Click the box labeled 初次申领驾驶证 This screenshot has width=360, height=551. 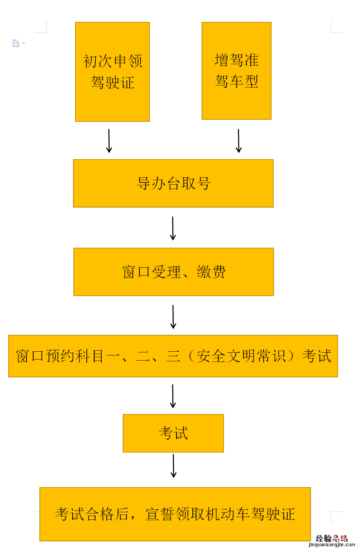coord(112,72)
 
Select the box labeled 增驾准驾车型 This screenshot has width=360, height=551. coord(237,71)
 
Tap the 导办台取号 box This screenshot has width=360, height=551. coord(173,183)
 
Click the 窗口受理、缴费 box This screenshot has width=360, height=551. coord(173,272)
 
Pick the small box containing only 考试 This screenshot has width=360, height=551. coord(173,433)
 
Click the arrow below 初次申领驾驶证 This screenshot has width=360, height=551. coord(109,141)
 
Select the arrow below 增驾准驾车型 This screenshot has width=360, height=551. coord(239,141)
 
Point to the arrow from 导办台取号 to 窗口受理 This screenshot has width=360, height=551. coord(173,228)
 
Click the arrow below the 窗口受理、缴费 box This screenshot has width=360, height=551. coord(173,317)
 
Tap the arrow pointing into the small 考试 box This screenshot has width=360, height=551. coord(173,396)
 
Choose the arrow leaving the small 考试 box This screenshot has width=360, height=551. coord(173,466)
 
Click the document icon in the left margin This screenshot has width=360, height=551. coord(16,43)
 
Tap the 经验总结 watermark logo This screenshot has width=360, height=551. coord(332,538)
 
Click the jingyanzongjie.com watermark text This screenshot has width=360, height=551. coord(332,545)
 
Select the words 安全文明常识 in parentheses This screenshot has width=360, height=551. coord(241,356)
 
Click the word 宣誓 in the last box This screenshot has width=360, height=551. coord(160,514)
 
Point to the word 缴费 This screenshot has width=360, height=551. coord(211,272)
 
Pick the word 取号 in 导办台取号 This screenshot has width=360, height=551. coord(196,184)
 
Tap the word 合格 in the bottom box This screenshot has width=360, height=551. coord(99,514)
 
